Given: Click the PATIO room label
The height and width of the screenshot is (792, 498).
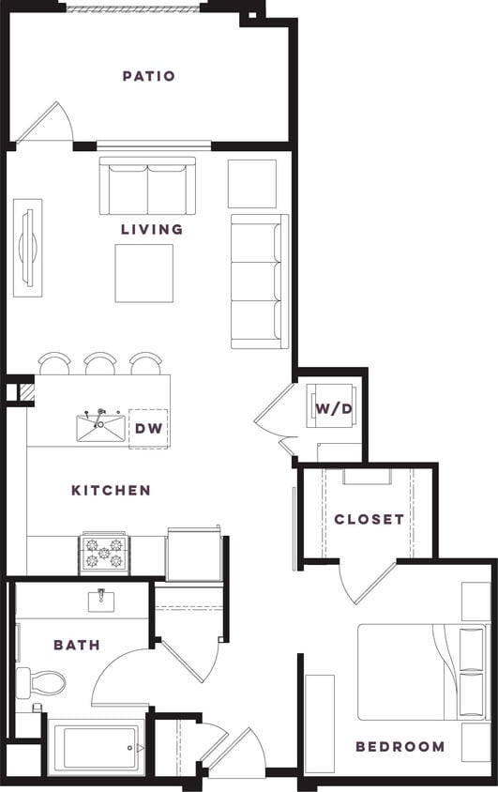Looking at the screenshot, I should pos(148,76).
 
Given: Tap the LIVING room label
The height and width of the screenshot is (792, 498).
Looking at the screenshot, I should pos(151,229).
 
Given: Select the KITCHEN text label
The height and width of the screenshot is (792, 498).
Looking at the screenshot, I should pos(111,490).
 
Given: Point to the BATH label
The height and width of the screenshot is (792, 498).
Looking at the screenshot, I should pos(76,645).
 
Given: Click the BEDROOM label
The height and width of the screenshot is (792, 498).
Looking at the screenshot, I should pos(400,747).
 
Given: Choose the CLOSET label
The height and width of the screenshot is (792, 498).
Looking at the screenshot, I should pos(369,519).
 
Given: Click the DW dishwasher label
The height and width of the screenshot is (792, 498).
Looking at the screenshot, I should pos(147,429).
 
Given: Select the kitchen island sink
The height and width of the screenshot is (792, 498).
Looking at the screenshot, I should pos(100,427).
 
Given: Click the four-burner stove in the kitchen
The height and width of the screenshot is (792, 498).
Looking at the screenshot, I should pos(103,552).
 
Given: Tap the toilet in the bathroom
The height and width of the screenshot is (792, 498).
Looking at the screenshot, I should pos(41,682).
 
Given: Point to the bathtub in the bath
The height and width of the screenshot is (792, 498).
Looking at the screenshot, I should pos(94,749).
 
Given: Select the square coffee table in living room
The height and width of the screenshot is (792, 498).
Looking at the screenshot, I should pos(144,273).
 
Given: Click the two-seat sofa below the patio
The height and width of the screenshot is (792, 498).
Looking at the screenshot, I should pos(147,186).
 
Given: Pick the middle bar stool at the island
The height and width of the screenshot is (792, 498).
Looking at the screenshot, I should pos(99,362).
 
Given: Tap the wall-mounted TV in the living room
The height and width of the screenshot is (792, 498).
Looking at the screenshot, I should pos(28,247).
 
